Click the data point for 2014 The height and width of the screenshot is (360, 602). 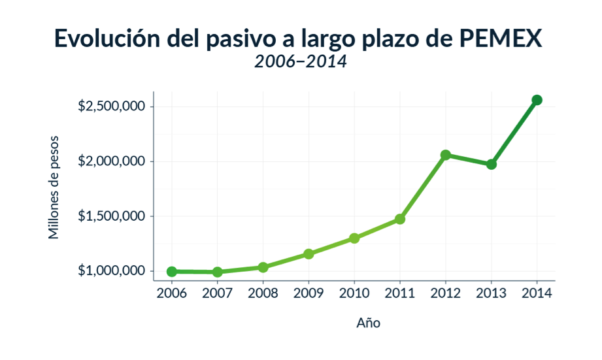537,100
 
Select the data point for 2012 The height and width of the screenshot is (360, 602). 446,155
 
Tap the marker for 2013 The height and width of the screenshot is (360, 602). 492,164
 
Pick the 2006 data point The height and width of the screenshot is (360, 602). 172,271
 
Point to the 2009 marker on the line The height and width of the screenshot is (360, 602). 309,254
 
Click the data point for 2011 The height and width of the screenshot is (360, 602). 400,219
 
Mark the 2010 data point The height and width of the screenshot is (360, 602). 354,238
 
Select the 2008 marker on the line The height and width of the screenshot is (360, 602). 263,267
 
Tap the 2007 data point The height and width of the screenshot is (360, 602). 218,272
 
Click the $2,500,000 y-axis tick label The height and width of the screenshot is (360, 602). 111,106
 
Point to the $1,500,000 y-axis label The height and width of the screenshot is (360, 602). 111,216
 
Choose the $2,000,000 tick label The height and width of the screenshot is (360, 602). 111,161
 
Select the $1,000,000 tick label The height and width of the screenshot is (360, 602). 111,271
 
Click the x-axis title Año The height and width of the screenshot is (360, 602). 368,323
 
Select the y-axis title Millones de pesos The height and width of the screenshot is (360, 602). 54,187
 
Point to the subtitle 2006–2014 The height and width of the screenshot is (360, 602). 301,62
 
